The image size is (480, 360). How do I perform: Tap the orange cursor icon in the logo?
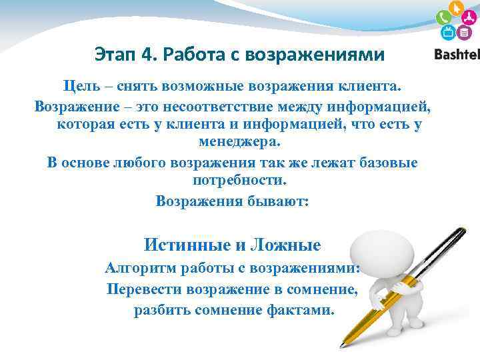click(456, 8)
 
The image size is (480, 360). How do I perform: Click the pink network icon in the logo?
click(469, 18)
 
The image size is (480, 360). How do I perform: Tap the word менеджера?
click(240, 142)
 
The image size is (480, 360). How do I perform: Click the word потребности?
click(239, 181)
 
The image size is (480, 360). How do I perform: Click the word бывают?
click(279, 200)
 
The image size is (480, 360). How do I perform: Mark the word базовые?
click(386, 162)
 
